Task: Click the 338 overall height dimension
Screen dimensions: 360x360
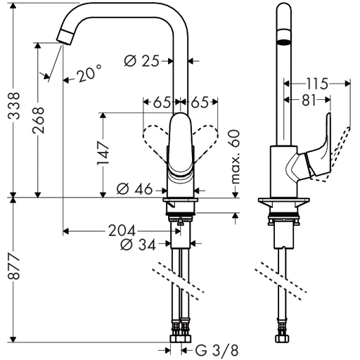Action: (13, 105)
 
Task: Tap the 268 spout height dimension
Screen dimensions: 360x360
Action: (38, 120)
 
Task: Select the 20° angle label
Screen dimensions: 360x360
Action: (89, 73)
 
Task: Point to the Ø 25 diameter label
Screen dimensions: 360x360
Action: (141, 61)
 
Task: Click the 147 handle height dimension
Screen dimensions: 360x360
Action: (103, 153)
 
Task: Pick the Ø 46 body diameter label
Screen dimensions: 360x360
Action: (134, 189)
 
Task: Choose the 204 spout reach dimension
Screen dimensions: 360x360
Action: (122, 231)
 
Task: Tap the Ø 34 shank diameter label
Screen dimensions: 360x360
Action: (138, 245)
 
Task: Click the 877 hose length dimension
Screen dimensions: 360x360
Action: (13, 266)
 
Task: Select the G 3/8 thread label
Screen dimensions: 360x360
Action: (217, 351)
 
